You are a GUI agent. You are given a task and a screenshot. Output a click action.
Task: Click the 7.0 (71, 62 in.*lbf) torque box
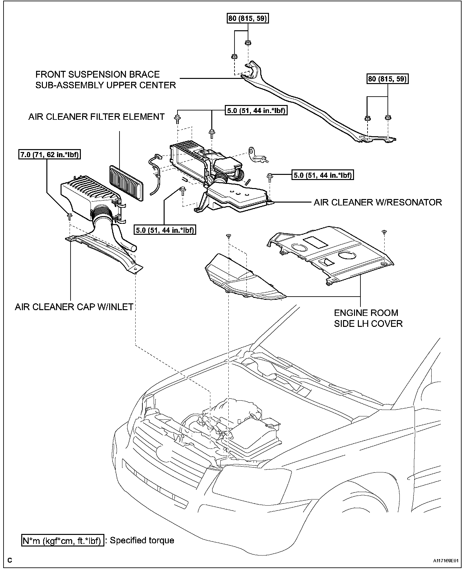49,155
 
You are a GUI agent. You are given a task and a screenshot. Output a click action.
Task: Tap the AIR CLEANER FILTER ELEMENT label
97,117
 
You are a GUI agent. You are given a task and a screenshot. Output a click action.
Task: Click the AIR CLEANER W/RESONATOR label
378,202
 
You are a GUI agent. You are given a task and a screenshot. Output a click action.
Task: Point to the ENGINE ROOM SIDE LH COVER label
368,318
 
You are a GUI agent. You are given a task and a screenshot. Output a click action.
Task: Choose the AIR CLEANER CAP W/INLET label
74,307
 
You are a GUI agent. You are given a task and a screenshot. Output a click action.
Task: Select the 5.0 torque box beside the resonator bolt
323,175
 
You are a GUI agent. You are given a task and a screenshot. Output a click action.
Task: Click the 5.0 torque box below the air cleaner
166,230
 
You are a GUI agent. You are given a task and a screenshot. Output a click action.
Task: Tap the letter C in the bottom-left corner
10,560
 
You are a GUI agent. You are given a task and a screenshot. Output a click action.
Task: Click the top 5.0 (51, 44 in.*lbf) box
255,111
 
